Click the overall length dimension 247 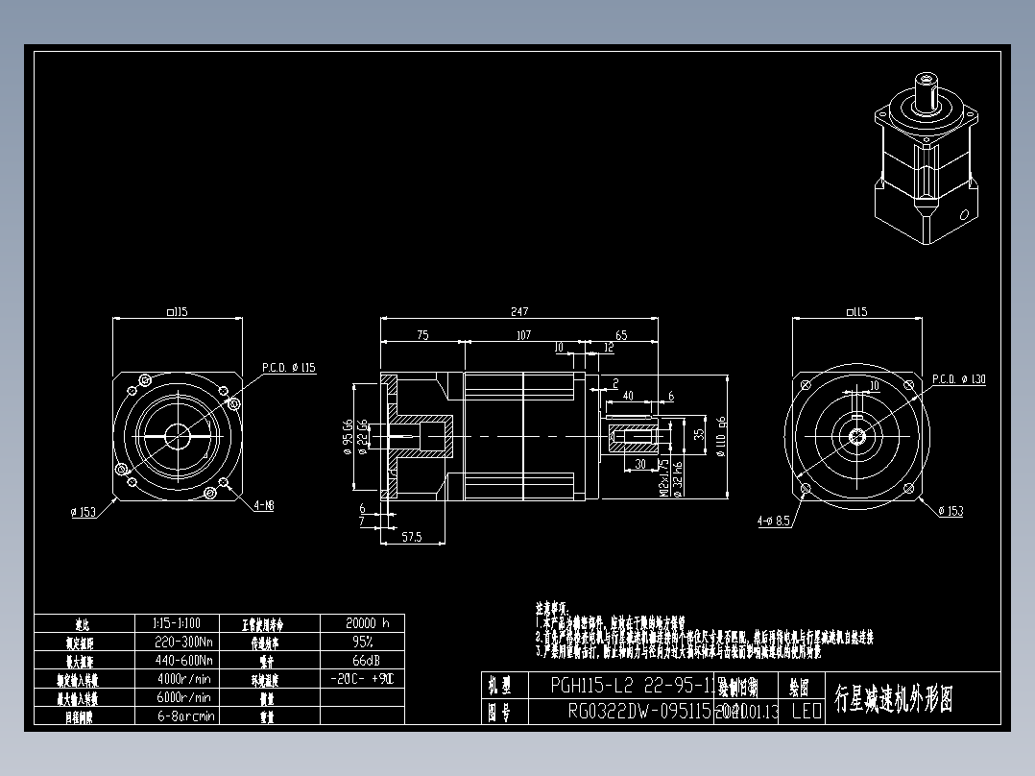click(519, 311)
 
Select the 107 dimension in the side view click(523, 335)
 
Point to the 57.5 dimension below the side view click(411, 538)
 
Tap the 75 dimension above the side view click(421, 335)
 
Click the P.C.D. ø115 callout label click(289, 367)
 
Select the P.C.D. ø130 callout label click(959, 379)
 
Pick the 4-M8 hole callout click(263, 505)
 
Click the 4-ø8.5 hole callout click(773, 521)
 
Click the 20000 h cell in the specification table click(361, 622)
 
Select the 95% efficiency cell click(361, 641)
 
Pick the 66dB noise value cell click(361, 660)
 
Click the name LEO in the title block click(806, 712)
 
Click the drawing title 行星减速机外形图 click(894, 699)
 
